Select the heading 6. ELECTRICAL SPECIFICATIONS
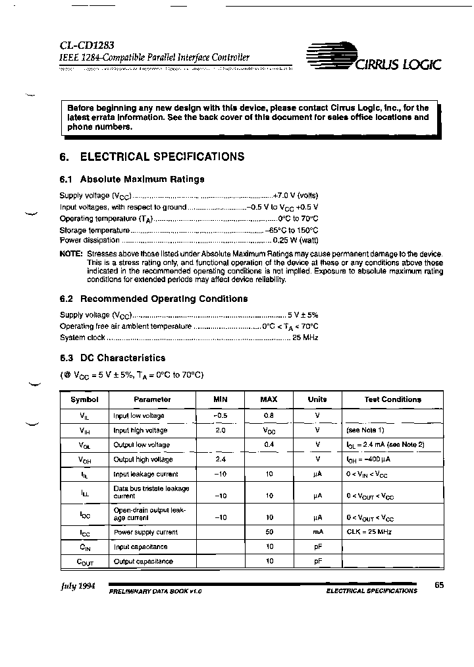click(x=152, y=157)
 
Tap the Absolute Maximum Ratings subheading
click(x=132, y=179)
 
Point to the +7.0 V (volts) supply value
click(x=296, y=196)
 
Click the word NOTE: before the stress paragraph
click(x=71, y=254)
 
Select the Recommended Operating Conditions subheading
click(x=153, y=299)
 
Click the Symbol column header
click(x=84, y=399)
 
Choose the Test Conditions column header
click(x=392, y=399)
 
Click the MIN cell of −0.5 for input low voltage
click(x=220, y=416)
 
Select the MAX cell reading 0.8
click(x=269, y=416)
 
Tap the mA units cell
click(x=317, y=532)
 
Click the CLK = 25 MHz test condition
click(x=369, y=532)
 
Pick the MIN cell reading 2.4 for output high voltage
click(x=220, y=459)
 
